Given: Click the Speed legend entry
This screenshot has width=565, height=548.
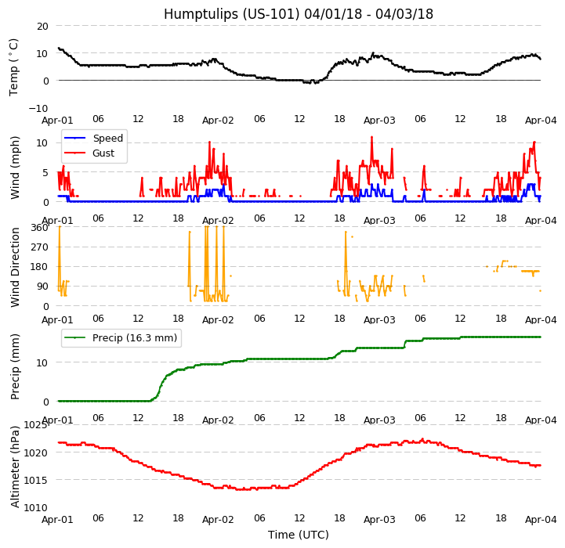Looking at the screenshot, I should [x=107, y=139].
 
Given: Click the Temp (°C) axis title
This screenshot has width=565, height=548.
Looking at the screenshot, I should [x=14, y=67].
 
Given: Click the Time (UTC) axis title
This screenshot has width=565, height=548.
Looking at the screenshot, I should [x=299, y=535].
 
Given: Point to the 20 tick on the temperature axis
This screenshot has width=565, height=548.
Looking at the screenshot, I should [x=42, y=26].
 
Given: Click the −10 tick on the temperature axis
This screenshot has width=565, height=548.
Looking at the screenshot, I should [x=38, y=108].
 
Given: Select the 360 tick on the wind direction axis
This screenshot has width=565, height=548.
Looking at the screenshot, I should [x=38, y=227].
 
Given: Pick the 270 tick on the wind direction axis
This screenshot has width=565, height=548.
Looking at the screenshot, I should [x=38, y=247].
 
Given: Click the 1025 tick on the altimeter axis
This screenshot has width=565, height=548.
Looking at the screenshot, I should [x=35, y=425].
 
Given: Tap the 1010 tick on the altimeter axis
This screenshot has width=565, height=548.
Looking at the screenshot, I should [x=35, y=507].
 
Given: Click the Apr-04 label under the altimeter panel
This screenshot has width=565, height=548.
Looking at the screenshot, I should [x=541, y=519].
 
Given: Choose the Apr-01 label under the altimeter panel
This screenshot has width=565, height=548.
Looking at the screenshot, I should [x=58, y=519].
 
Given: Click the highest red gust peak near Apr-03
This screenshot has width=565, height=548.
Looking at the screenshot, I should [x=371, y=137].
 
